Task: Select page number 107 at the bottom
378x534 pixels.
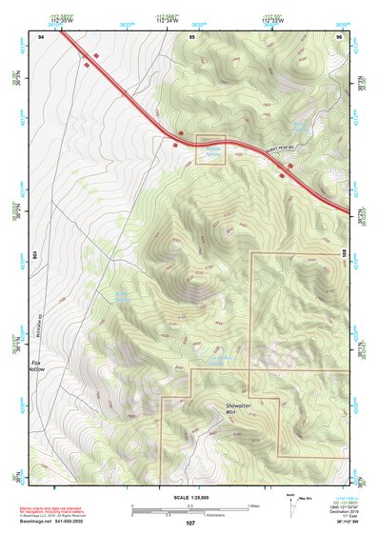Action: (189, 524)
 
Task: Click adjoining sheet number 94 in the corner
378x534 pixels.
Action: (41, 35)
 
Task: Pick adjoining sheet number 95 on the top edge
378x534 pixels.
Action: (191, 35)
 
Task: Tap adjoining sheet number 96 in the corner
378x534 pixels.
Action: (339, 35)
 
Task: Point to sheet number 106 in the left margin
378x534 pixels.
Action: (34, 255)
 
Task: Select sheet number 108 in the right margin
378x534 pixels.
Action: (345, 255)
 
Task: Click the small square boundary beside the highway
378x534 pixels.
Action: (210, 149)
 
